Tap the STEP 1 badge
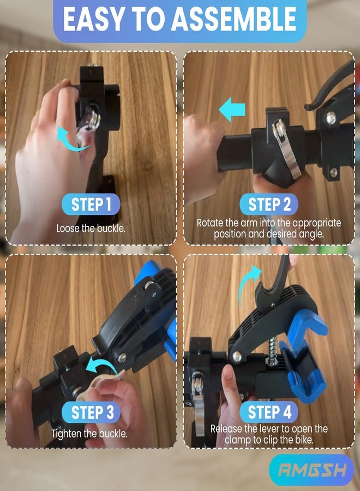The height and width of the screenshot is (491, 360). click(x=91, y=204)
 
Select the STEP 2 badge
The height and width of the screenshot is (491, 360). click(x=269, y=204)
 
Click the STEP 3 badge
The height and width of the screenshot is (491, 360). click(x=91, y=412)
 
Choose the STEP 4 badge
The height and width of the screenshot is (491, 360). click(x=269, y=412)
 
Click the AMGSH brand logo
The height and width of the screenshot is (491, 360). click(x=311, y=470)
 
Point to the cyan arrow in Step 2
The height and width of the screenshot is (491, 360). click(x=232, y=109)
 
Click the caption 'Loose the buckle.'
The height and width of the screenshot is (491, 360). click(x=91, y=228)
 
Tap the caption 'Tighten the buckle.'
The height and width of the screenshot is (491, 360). click(x=89, y=434)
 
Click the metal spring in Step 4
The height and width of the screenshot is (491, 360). click(x=272, y=349)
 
